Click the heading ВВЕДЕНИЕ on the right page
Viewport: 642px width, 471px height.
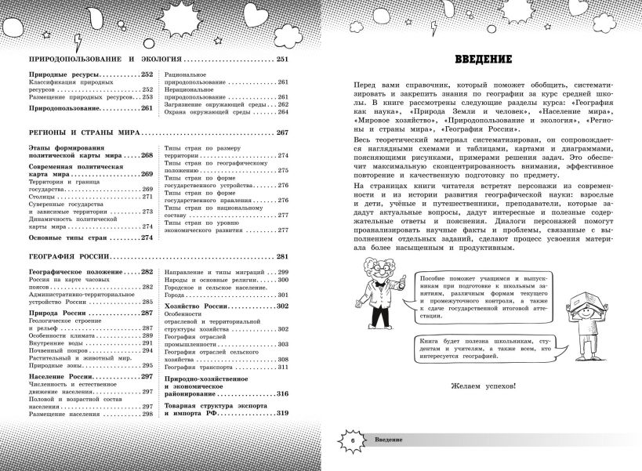[484, 60]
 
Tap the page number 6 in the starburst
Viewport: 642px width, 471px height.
[353, 443]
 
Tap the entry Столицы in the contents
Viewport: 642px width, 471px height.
[43, 198]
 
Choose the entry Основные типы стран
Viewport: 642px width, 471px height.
[67, 237]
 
